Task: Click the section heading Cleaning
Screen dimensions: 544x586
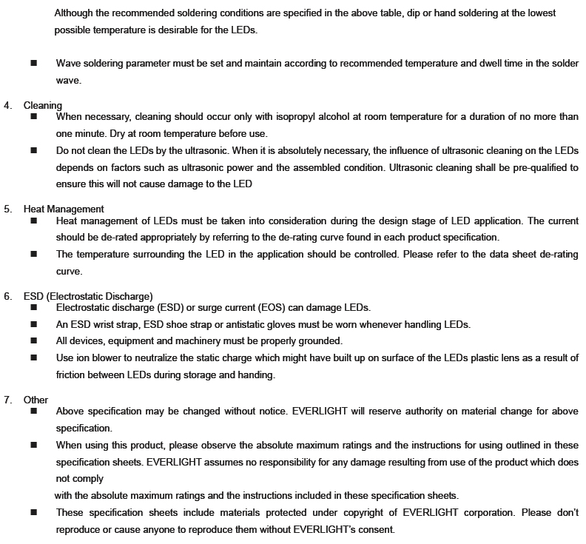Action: pyautogui.click(x=43, y=105)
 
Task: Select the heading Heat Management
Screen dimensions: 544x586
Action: pyautogui.click(x=64, y=209)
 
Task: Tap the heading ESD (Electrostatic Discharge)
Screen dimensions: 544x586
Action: pyautogui.click(x=88, y=296)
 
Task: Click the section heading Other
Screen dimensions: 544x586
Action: pyautogui.click(x=36, y=400)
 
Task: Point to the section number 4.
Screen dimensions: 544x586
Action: pyautogui.click(x=7, y=105)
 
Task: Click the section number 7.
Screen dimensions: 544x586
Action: pyautogui.click(x=7, y=400)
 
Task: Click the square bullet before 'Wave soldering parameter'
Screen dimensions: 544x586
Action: pyautogui.click(x=34, y=64)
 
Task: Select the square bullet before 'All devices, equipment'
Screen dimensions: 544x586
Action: pyautogui.click(x=34, y=341)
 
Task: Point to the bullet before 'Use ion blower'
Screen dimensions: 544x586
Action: pyautogui.click(x=34, y=358)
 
